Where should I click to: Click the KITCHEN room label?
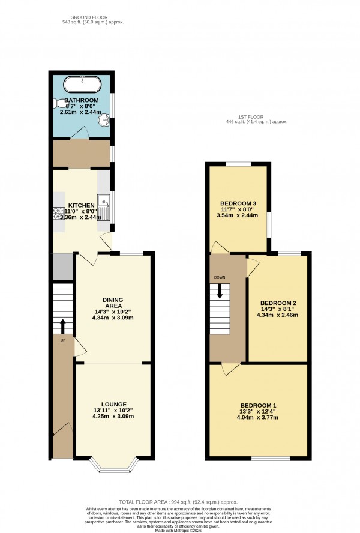(81, 205)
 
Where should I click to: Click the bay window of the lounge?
(113, 465)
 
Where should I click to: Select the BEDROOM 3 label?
(238, 203)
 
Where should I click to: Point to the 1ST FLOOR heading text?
(254, 116)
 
